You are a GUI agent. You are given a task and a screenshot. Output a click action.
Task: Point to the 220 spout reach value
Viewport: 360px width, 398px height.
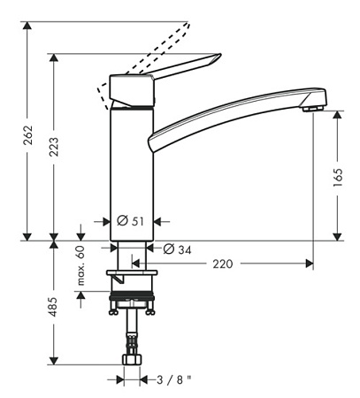[223, 264]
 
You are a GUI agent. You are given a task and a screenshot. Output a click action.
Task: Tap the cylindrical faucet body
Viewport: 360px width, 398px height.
[131, 168]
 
